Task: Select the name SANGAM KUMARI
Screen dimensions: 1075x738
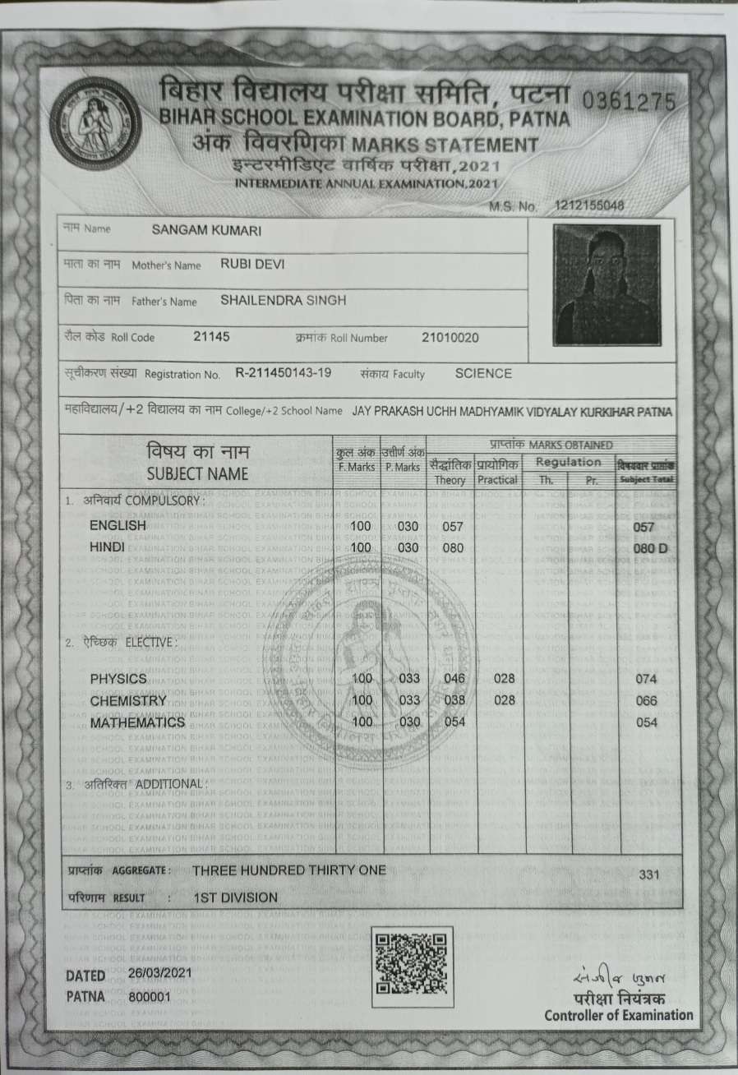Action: click(207, 231)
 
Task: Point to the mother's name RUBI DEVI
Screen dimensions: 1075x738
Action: click(252, 265)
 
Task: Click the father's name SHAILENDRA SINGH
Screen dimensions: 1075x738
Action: click(284, 301)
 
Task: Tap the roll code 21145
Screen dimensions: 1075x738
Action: click(212, 336)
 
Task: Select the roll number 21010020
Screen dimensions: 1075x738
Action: click(450, 337)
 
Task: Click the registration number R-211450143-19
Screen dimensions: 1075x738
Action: click(284, 373)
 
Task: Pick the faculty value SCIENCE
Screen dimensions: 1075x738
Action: click(483, 373)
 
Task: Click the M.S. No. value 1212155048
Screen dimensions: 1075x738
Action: click(589, 205)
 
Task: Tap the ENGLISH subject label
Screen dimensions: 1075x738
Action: click(118, 525)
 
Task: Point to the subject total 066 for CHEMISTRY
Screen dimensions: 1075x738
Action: click(648, 701)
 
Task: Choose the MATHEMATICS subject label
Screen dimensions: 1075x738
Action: click(137, 722)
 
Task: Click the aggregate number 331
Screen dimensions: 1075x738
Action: click(648, 874)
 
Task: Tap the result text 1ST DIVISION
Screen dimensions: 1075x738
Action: click(236, 897)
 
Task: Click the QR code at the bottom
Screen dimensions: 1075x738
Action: click(413, 967)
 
